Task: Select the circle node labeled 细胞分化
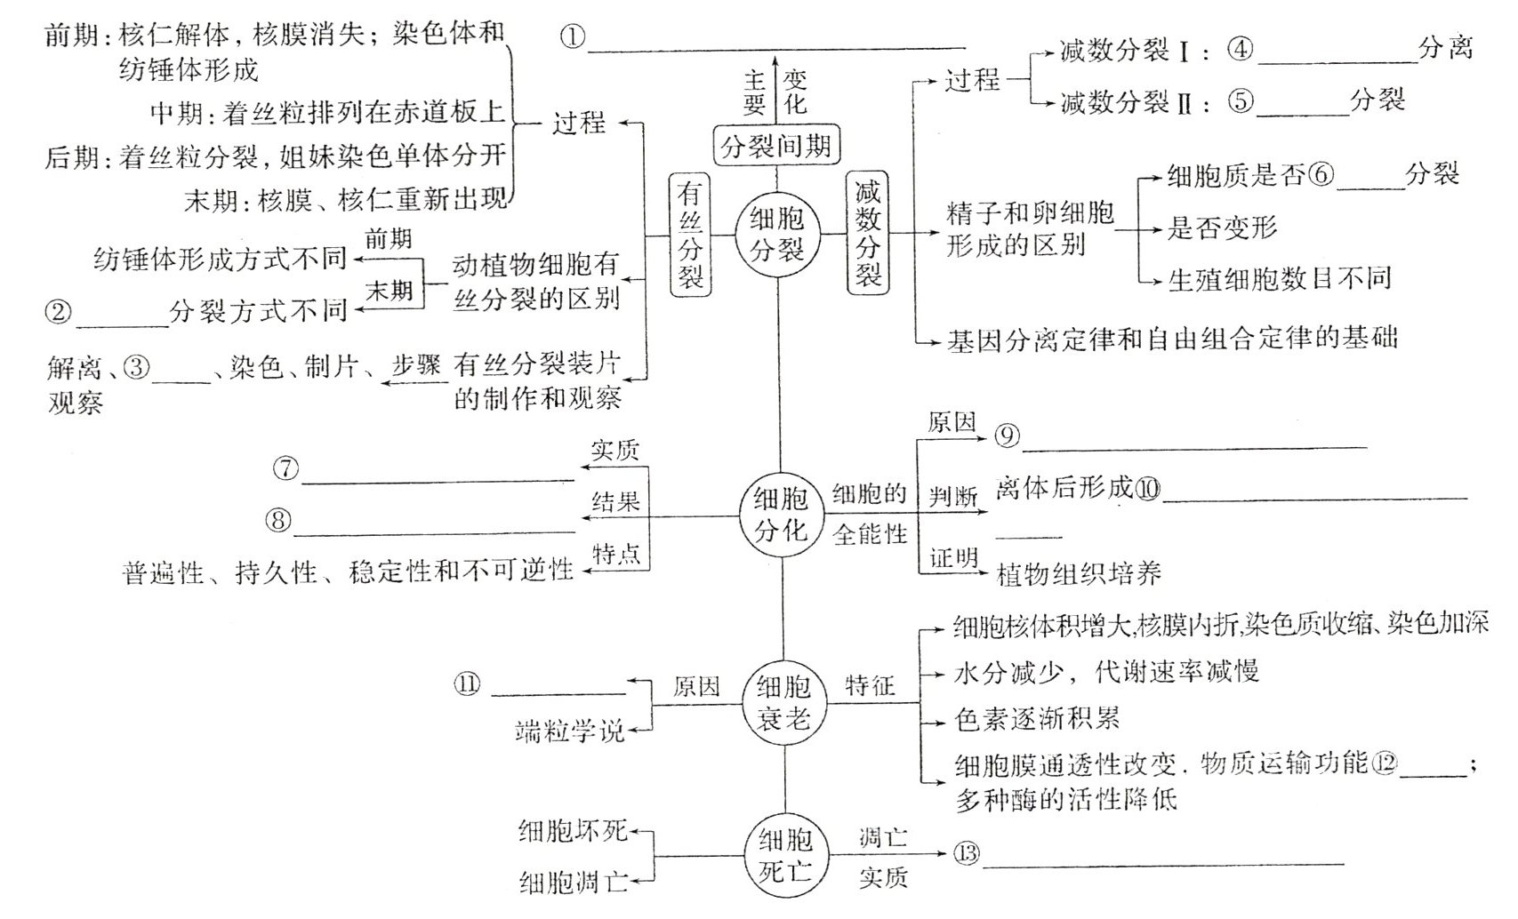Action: point(780,515)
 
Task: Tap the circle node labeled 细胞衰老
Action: point(783,701)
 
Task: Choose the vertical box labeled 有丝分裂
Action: point(690,234)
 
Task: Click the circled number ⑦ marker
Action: point(286,468)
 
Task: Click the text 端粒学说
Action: point(570,731)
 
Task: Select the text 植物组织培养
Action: point(1079,574)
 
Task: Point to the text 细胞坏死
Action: point(573,831)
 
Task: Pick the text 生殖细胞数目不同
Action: point(1279,279)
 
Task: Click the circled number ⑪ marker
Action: point(468,683)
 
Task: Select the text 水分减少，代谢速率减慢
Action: point(1106,672)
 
